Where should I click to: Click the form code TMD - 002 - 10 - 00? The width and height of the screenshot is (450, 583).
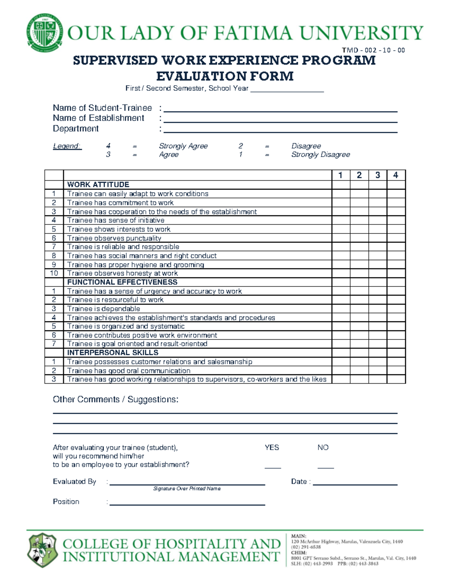click(x=373, y=50)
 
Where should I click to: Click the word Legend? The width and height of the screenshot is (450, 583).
click(x=67, y=146)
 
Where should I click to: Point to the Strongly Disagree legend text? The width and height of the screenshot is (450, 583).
click(x=320, y=155)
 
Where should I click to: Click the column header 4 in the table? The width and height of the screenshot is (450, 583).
click(x=396, y=175)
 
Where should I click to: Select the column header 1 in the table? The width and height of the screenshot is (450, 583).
click(x=340, y=175)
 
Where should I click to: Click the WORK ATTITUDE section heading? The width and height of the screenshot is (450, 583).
click(x=98, y=185)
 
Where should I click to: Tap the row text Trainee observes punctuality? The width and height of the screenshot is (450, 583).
click(x=114, y=238)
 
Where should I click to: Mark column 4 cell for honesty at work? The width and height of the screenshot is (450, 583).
click(x=396, y=273)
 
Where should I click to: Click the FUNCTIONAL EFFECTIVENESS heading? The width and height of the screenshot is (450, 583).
click(x=122, y=282)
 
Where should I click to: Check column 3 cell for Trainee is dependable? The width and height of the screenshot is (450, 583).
click(x=377, y=309)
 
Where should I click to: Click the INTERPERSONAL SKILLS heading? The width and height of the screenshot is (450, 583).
click(x=112, y=353)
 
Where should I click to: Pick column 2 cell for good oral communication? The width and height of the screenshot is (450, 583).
click(x=359, y=371)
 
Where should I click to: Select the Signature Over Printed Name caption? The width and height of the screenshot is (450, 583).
click(x=187, y=489)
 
